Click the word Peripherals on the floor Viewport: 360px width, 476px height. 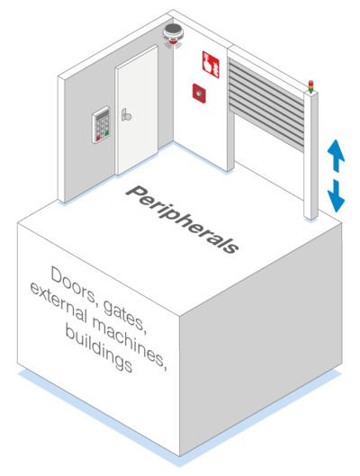(x=183, y=220)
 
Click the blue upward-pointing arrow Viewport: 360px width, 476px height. (x=336, y=156)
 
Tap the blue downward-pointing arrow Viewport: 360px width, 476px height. (x=336, y=195)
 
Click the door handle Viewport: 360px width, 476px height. (x=126, y=115)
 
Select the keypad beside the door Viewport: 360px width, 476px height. (x=101, y=124)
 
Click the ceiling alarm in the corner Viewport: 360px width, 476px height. (x=173, y=35)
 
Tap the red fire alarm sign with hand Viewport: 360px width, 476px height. (x=211, y=64)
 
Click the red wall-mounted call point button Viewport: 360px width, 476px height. (x=199, y=94)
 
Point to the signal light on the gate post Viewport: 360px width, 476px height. (x=310, y=86)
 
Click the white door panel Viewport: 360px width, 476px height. (x=137, y=110)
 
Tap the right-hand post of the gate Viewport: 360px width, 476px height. (x=310, y=155)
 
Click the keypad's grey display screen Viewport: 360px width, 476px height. (x=103, y=115)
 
